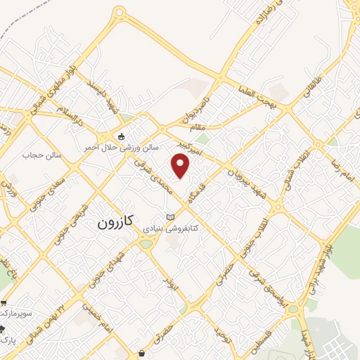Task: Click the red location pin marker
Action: click(181, 165)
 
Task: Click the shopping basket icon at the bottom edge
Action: click(143, 353)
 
